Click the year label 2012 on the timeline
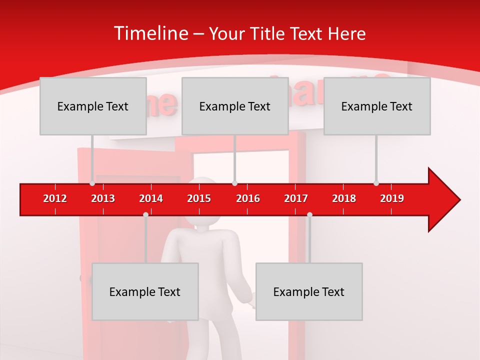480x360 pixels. tap(55, 198)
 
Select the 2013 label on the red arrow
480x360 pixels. tap(103, 198)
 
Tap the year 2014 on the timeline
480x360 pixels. tap(151, 198)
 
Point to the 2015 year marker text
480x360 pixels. tap(199, 198)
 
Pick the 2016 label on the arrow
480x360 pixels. tap(248, 198)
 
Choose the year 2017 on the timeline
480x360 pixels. tap(296, 198)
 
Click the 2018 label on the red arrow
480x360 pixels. tap(344, 198)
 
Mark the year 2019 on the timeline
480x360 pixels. tap(392, 198)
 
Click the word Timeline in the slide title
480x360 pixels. tap(149, 33)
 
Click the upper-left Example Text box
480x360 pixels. tap(93, 106)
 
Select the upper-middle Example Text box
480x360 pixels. tap(235, 106)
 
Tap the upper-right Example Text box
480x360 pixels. tap(377, 106)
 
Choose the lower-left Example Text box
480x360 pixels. tap(145, 291)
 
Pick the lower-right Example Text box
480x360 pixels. tap(309, 291)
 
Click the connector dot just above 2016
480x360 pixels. tap(235, 183)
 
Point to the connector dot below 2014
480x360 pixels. tap(145, 214)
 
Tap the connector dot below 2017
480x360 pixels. tap(309, 214)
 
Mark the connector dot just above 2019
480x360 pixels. tap(376, 183)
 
